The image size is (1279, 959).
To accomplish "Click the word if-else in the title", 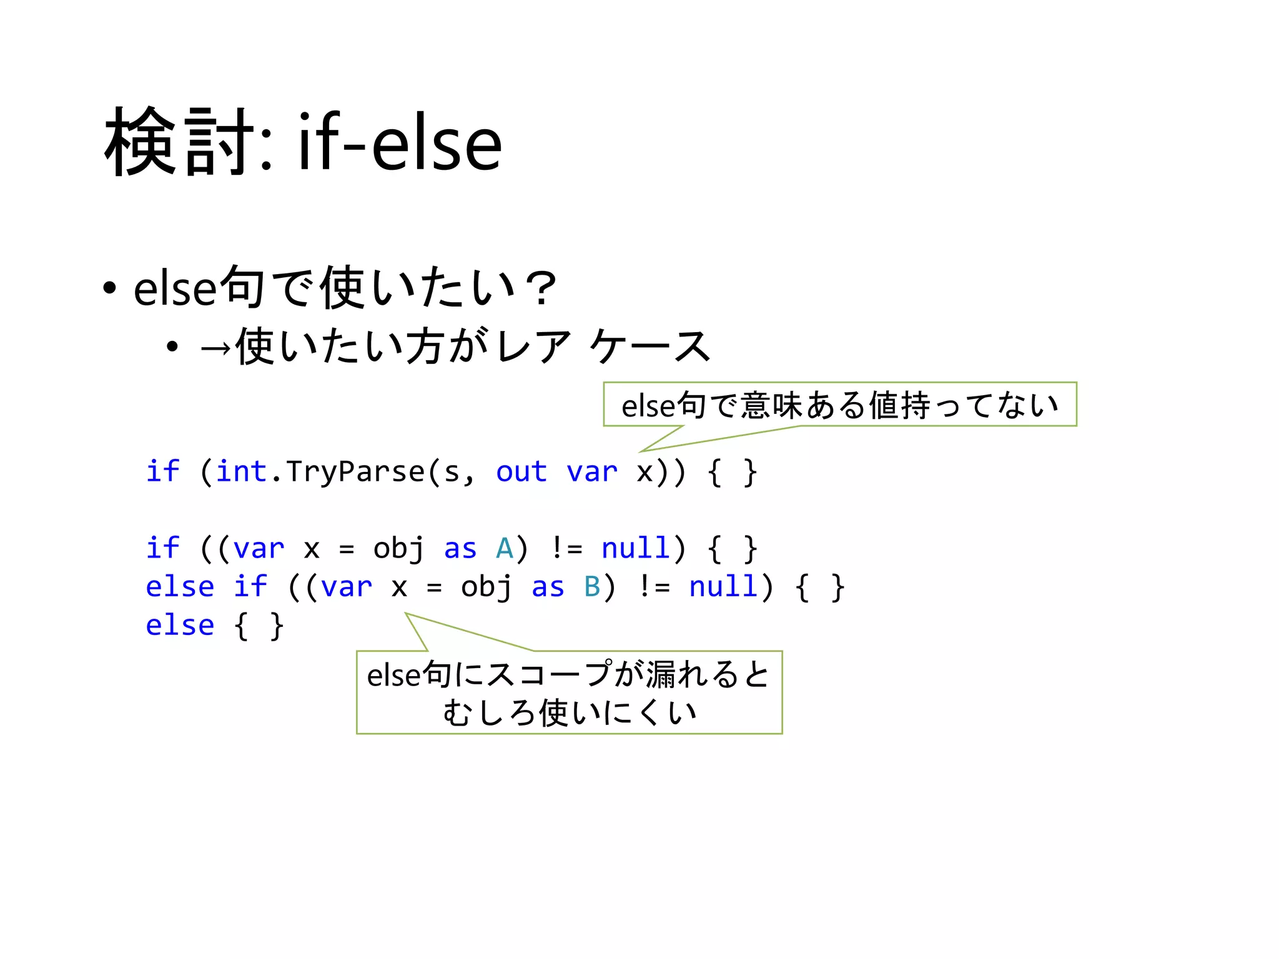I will coord(400,144).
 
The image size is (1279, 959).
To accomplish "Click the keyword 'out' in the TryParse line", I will coord(521,471).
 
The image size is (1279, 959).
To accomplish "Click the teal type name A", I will coord(504,549).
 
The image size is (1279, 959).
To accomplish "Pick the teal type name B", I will coord(592,588).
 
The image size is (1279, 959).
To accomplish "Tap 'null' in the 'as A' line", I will coord(636,549).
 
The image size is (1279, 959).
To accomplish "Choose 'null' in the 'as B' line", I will coord(723,588).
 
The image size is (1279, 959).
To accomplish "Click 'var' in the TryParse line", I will coord(591,473).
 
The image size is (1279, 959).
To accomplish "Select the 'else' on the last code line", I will coord(180,626).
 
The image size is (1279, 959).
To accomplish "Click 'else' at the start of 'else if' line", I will coord(180,588).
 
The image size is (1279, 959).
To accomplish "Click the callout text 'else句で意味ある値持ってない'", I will coord(839,405).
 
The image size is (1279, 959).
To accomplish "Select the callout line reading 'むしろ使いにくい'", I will coord(570,712).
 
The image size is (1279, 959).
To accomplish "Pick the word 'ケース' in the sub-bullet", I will coord(649,347).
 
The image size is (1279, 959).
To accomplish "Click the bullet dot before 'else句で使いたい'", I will coord(110,289).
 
